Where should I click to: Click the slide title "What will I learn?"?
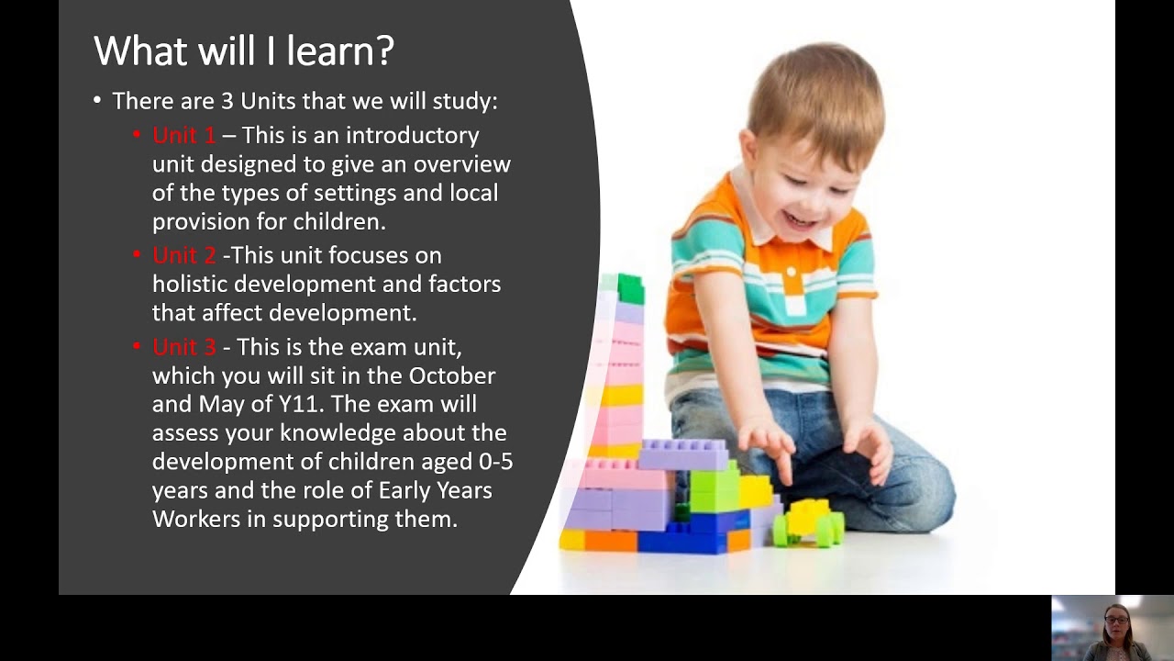244,51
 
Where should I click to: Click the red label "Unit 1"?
183,136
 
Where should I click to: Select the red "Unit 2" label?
183,255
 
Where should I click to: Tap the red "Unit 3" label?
183,347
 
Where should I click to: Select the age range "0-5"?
495,462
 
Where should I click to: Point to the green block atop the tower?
630,288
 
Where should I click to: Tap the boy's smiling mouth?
802,220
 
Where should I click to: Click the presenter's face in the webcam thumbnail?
1118,622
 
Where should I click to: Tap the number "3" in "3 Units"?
227,102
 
